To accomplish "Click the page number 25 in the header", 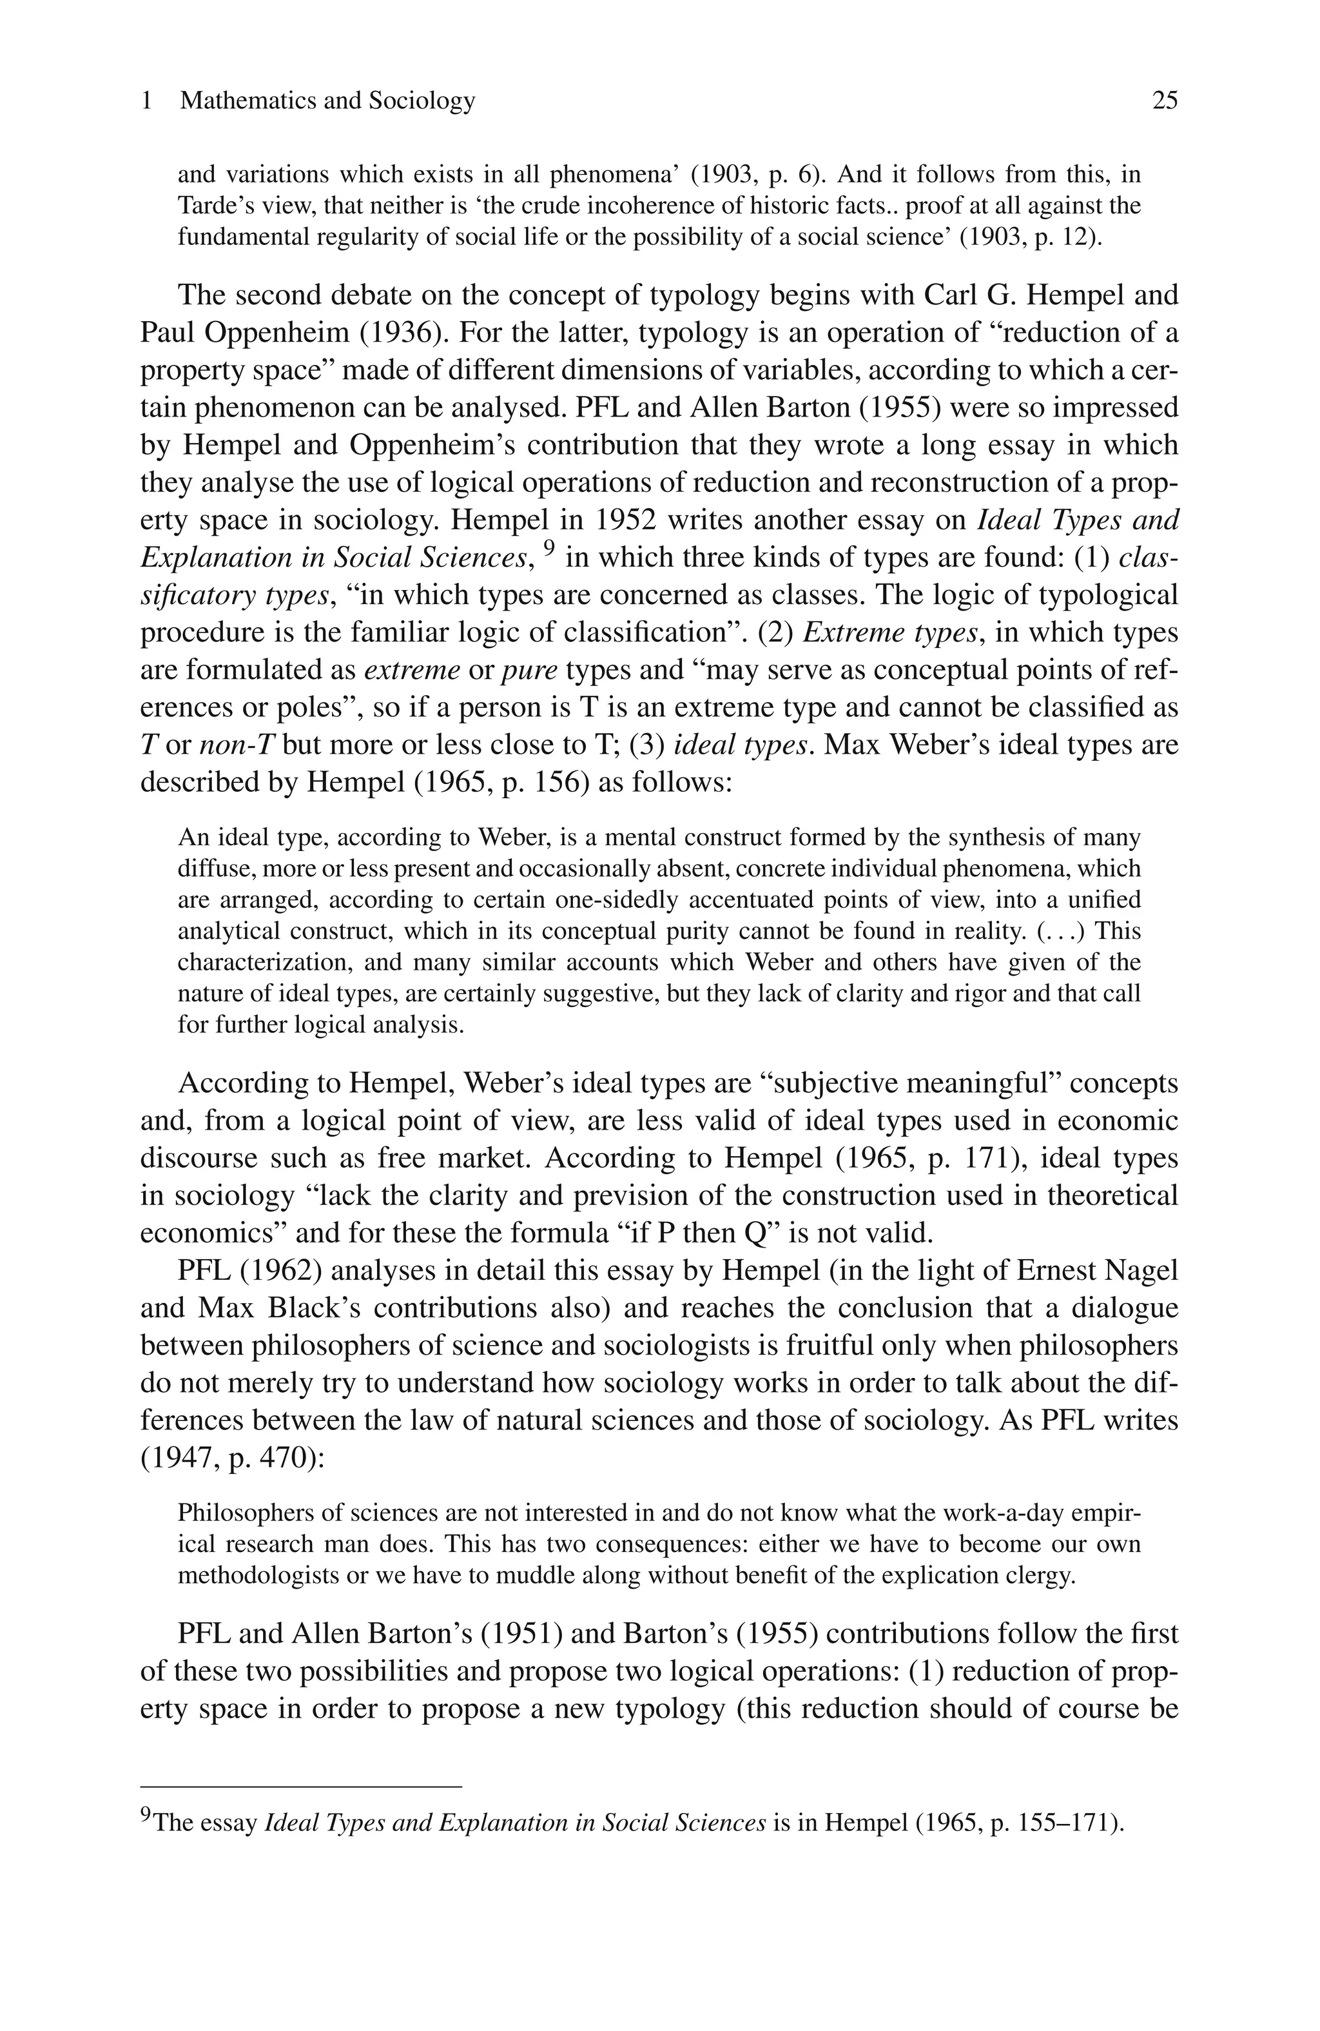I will (x=1164, y=101).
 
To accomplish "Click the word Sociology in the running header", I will (x=422, y=101).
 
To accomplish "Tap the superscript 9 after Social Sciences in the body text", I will (x=550, y=549).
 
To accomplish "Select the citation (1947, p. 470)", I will (x=231, y=1458).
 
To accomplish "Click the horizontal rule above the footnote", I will (x=300, y=1786).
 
